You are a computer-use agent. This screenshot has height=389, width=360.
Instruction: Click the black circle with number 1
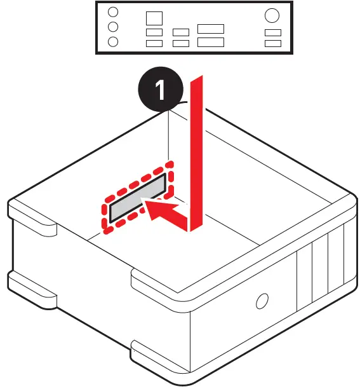(161, 90)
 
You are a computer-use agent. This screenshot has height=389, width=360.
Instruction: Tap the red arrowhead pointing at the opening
(155, 208)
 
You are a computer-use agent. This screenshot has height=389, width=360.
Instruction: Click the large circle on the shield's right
(272, 15)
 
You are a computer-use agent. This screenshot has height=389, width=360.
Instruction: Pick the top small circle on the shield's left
(113, 13)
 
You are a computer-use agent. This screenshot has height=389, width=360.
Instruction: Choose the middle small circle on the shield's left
(113, 27)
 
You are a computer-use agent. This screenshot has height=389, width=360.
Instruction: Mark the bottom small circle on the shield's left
(113, 42)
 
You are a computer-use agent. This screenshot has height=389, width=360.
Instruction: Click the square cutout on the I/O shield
(154, 18)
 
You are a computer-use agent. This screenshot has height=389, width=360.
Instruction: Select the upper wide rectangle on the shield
(210, 29)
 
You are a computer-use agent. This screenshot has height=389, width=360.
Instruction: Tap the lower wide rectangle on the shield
(210, 43)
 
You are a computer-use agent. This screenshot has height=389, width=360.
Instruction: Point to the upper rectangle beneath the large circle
(273, 32)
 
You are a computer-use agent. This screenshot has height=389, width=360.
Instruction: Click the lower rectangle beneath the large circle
(273, 43)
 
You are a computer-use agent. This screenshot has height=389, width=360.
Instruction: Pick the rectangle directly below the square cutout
(154, 32)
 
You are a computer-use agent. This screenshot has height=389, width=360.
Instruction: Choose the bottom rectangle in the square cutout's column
(154, 43)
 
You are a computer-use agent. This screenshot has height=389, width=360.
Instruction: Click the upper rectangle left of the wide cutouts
(181, 32)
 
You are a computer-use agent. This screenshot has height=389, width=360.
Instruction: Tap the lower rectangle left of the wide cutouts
(181, 43)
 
